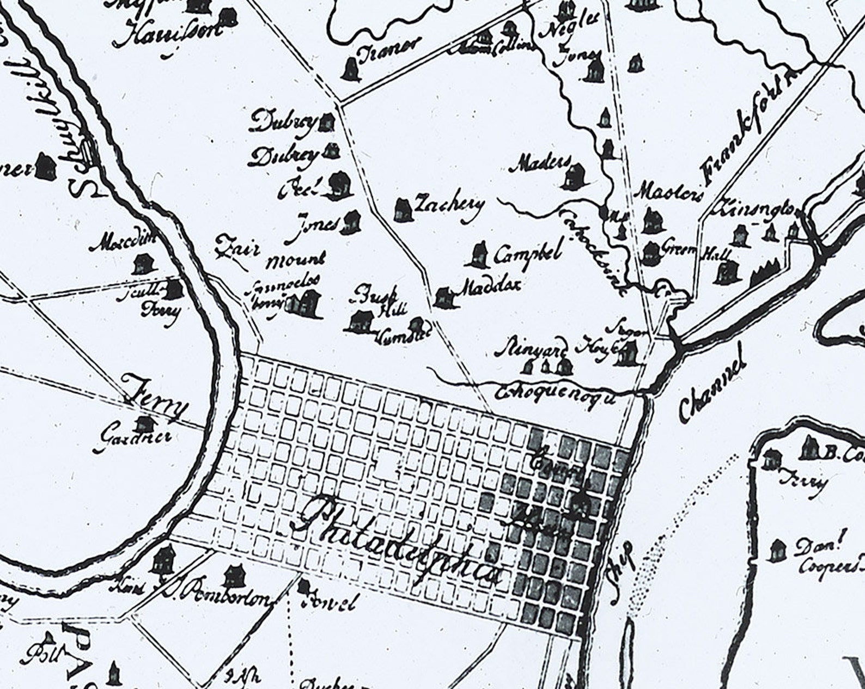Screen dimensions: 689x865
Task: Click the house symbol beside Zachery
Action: (x=403, y=210)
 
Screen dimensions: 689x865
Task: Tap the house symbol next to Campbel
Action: (x=479, y=255)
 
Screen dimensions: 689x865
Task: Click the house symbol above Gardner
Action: (x=144, y=422)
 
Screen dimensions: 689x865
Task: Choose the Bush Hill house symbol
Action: (x=360, y=321)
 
